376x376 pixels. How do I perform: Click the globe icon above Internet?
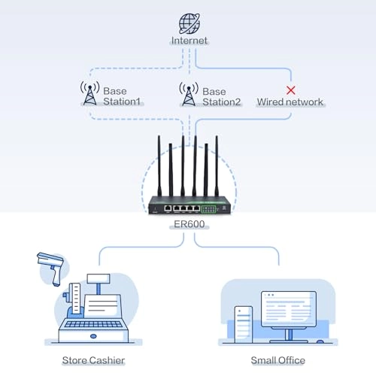[x=188, y=22]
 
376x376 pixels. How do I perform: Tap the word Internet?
[x=189, y=41]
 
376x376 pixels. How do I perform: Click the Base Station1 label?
[x=122, y=96]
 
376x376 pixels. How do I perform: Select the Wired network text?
[x=290, y=102]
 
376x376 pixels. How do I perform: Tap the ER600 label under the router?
[x=188, y=223]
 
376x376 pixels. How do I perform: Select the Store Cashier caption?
[x=93, y=361]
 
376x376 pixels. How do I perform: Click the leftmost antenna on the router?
[x=159, y=165]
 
